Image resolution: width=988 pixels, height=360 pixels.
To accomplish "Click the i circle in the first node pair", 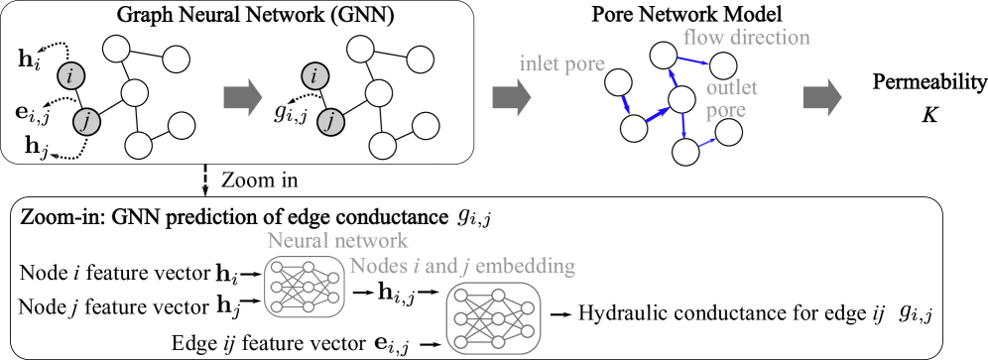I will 70,75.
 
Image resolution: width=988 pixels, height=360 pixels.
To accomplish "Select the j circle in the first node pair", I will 87,123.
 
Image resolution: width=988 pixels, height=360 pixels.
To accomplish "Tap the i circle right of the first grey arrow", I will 315,75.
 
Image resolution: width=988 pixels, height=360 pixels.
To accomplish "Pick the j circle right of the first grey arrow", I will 331,123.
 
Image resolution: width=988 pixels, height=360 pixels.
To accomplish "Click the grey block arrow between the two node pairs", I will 242,97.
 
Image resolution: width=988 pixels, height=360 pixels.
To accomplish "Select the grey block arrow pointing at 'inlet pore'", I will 511,97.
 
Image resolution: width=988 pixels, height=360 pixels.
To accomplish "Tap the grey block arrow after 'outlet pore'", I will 821,97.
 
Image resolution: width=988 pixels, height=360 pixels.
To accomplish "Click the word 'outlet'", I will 731,88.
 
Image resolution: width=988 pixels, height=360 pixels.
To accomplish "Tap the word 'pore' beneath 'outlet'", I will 725,111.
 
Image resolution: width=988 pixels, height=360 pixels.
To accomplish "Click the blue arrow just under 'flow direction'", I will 692,60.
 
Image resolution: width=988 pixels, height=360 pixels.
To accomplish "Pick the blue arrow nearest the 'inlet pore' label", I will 626,104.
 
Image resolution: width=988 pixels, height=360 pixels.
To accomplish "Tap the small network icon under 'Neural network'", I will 304,288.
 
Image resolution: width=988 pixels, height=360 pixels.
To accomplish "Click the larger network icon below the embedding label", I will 493,317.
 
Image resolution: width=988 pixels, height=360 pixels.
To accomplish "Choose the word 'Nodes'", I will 379,267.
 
